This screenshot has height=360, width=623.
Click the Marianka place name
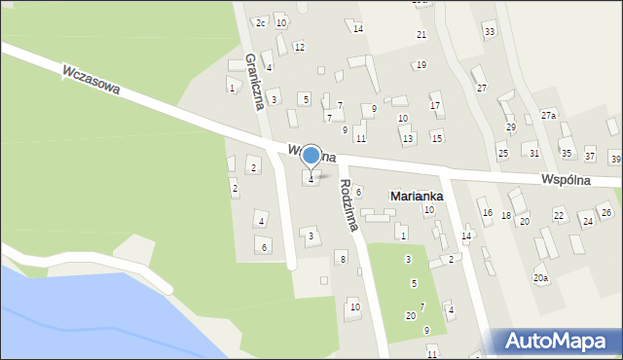pos(417,196)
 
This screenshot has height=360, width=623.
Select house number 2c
pos(260,22)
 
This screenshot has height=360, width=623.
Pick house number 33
pos(489,32)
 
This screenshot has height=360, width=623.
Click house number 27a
pos(549,115)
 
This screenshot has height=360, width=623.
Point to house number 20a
pos(540,278)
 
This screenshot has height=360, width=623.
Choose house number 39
pos(615,158)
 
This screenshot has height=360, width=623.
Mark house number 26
pos(605,212)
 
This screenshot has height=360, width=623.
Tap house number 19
pos(421,65)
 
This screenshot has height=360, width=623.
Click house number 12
pos(299,47)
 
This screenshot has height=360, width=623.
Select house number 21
pos(421,35)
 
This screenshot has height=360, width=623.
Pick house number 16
pos(487,213)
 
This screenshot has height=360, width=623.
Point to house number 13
pos(407,138)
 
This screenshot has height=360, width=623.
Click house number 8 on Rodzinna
pos(342,258)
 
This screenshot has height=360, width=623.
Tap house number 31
pos(533,154)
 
